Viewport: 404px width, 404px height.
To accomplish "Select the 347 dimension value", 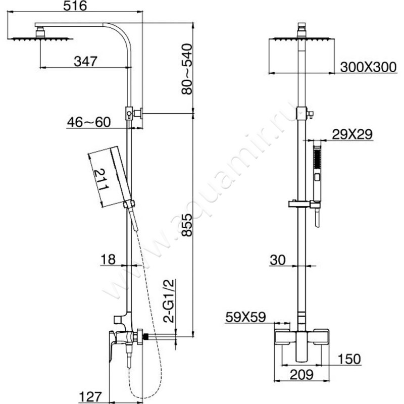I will pyautogui.click(x=85, y=61).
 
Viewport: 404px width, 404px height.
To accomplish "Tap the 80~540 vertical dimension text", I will pyautogui.click(x=186, y=68).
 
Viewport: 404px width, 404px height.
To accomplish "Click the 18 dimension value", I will pyautogui.click(x=107, y=259).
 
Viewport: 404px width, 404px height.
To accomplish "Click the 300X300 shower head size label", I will pyautogui.click(x=368, y=68).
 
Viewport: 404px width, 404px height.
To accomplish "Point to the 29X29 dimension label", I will pyautogui.click(x=352, y=134).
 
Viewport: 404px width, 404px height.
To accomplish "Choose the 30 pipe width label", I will pyautogui.click(x=278, y=260).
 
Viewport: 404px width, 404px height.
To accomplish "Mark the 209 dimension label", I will pyautogui.click(x=301, y=374).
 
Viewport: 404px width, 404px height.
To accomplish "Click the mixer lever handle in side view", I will pyautogui.click(x=114, y=348).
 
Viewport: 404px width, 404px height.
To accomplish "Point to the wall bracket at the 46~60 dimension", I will pyautogui.click(x=134, y=114).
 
